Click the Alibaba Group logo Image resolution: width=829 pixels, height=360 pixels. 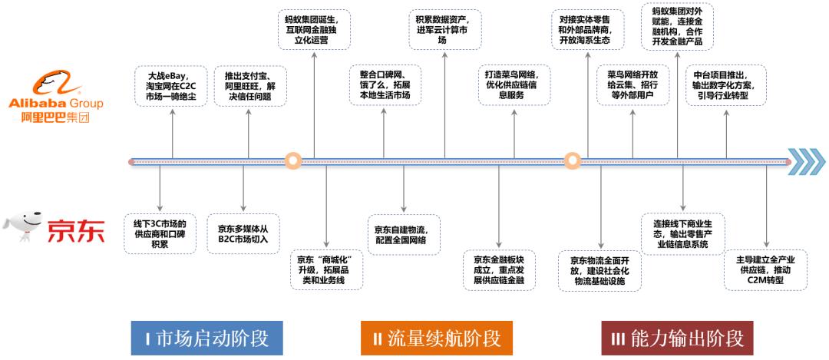click(54, 96)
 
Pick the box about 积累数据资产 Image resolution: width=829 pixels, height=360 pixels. click(448, 28)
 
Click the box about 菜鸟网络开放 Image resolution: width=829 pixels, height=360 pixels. click(632, 85)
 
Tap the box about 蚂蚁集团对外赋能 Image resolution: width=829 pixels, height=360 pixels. click(676, 28)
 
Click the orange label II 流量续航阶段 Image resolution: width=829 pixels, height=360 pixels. click(436, 338)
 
